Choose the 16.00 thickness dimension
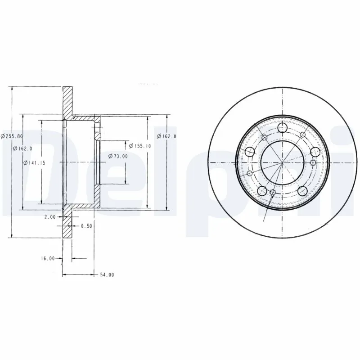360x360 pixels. [47, 258]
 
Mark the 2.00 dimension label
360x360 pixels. [50, 217]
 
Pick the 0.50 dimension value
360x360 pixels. [86, 226]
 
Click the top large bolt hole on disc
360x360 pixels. [283, 128]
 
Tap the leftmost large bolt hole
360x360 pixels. [248, 151]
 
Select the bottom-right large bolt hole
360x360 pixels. [302, 190]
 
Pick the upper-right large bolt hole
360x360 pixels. [315, 152]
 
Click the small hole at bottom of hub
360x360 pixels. [273, 193]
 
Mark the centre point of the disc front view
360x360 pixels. [282, 162]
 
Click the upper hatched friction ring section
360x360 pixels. [67, 100]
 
